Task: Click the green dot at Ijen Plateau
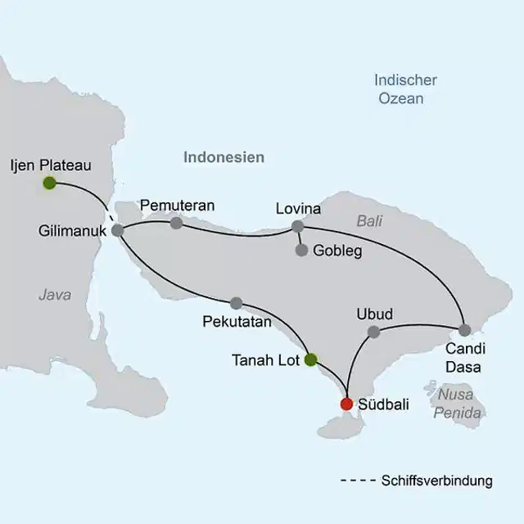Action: click(49, 183)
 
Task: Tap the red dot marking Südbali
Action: click(346, 404)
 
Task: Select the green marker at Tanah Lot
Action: click(310, 359)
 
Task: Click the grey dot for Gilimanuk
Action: click(117, 231)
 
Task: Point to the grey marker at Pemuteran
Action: click(176, 223)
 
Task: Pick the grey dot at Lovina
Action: click(298, 227)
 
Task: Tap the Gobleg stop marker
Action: click(301, 251)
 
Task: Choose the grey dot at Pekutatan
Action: click(237, 303)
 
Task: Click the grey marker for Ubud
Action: click(374, 332)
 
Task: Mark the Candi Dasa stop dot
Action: click(464, 331)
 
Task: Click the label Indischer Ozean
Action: click(405, 89)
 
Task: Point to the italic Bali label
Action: click(370, 220)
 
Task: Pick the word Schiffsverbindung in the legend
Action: click(437, 481)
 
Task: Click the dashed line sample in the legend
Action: click(357, 481)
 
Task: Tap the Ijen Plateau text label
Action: click(51, 165)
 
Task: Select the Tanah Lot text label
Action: click(266, 360)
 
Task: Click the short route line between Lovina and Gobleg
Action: click(300, 239)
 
